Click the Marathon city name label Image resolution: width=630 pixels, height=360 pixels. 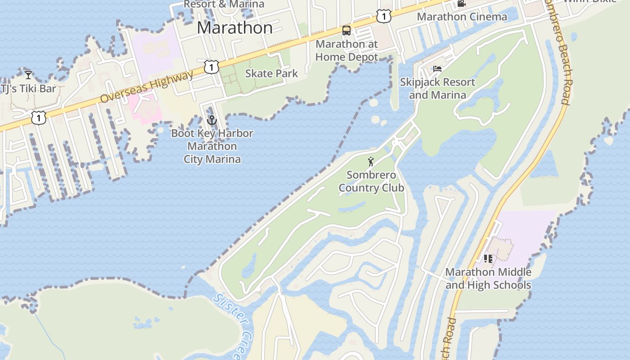click(234, 28)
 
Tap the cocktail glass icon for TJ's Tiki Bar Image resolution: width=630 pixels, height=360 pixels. click(28, 75)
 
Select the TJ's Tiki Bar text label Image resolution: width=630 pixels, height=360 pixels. click(29, 88)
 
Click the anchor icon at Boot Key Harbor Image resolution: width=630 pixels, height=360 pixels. click(211, 120)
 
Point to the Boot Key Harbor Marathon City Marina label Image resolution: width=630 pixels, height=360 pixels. click(212, 146)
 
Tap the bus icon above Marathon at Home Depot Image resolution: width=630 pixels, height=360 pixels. click(346, 31)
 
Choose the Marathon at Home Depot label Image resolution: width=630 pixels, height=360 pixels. click(346, 50)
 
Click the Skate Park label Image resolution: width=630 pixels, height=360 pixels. click(271, 73)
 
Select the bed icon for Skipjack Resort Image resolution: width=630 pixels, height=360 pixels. click(437, 69)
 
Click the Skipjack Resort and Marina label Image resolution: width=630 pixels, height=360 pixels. click(437, 89)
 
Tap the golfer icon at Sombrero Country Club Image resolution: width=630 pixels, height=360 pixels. click(371, 162)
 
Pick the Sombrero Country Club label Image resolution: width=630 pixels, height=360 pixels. click(371, 181)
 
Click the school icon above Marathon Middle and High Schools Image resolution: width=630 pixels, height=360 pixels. click(488, 259)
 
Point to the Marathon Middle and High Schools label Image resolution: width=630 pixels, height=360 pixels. click(488, 279)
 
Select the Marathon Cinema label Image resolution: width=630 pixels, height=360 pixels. click(462, 17)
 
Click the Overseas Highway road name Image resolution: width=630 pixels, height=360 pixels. click(147, 86)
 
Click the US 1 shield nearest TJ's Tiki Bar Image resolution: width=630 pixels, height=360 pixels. click(39, 118)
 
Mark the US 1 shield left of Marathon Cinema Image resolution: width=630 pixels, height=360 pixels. click(383, 17)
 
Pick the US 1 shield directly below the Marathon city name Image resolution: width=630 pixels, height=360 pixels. click(211, 67)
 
